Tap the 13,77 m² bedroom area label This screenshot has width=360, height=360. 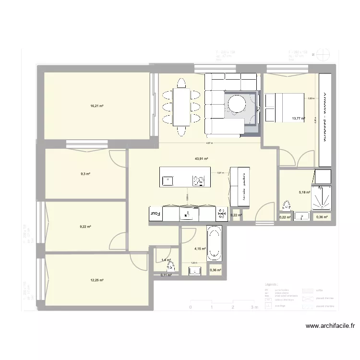click(298, 118)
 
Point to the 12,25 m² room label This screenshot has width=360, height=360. click(97, 280)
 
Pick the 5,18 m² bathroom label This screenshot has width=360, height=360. click(304, 192)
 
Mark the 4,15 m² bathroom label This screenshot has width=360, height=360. click(200, 249)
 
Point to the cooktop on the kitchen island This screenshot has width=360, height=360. click(199, 180)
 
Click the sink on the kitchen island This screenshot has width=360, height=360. click(168, 180)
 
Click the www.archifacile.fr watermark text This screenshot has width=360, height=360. click(331, 326)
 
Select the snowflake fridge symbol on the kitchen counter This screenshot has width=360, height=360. click(221, 214)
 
